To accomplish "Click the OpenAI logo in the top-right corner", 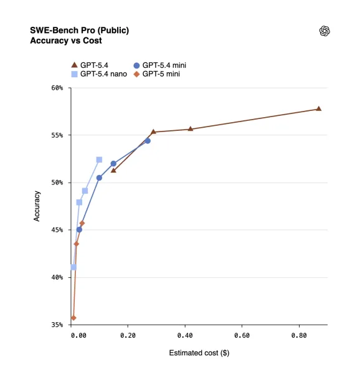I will tap(324, 31).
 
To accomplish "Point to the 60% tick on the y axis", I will tap(57, 88).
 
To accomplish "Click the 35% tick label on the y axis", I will tap(57, 325).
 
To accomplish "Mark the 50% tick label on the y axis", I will tap(57, 183).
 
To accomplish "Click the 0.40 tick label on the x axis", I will tap(184, 335).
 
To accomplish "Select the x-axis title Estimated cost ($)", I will tap(199, 353).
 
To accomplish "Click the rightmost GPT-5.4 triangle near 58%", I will tap(318, 108).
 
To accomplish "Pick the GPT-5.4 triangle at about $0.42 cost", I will tap(191, 129).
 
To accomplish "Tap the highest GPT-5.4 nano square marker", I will tap(99, 160).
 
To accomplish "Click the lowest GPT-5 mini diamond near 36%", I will tap(73, 318).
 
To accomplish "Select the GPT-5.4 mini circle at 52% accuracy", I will tap(113, 164).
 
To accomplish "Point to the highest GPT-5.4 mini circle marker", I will tap(148, 141).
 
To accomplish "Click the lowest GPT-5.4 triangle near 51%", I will tap(113, 170).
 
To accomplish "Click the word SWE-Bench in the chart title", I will tap(52, 31).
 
